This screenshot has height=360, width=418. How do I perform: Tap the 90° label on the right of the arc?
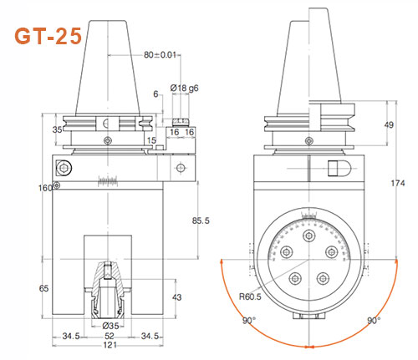pos(374,321)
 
